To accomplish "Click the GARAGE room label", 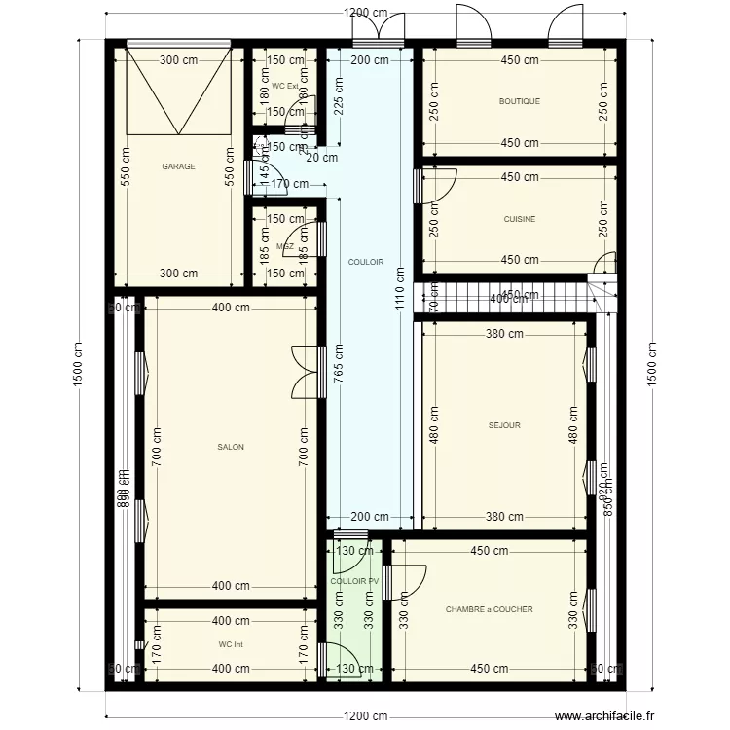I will (178, 166).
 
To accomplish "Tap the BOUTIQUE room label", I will (519, 101).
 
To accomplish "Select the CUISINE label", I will (519, 219).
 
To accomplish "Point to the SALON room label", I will (231, 447).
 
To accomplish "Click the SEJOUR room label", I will (504, 425).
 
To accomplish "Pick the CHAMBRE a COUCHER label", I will (489, 609).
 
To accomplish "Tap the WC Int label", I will (231, 644).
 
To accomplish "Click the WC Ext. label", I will (285, 87).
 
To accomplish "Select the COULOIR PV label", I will (354, 581).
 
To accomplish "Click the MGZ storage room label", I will (285, 247).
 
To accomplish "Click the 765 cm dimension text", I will (338, 367).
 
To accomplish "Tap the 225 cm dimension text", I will (338, 97).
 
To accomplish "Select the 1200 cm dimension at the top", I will (365, 13).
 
